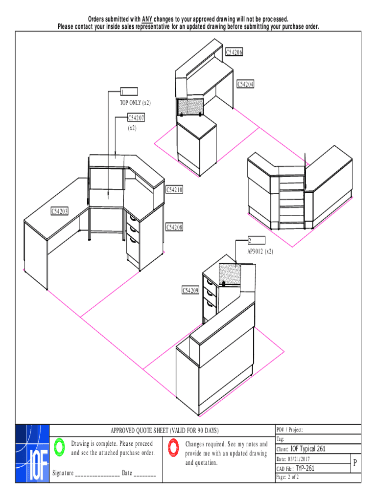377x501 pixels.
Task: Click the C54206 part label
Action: pos(234,52)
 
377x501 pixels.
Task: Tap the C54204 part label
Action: pos(245,84)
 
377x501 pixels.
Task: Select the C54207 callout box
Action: pos(136,118)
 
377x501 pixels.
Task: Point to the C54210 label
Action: pos(174,190)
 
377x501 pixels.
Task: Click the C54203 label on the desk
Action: pos(59,211)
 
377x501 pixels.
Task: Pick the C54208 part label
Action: pos(174,227)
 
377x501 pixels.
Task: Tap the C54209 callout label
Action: pos(190,291)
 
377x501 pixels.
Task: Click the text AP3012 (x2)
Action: pos(260,251)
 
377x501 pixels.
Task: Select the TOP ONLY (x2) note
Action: pos(135,103)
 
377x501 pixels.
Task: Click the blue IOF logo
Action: pos(32,454)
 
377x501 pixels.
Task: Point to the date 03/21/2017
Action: pos(299,459)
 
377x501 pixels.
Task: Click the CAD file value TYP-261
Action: pos(305,468)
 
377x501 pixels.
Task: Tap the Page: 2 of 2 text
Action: pos(287,477)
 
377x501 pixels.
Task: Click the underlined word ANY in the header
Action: pos(147,19)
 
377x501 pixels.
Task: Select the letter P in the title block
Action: pos(355,463)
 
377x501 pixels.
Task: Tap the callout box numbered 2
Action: pos(257,240)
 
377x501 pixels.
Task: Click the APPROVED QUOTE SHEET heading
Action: pos(165,431)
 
